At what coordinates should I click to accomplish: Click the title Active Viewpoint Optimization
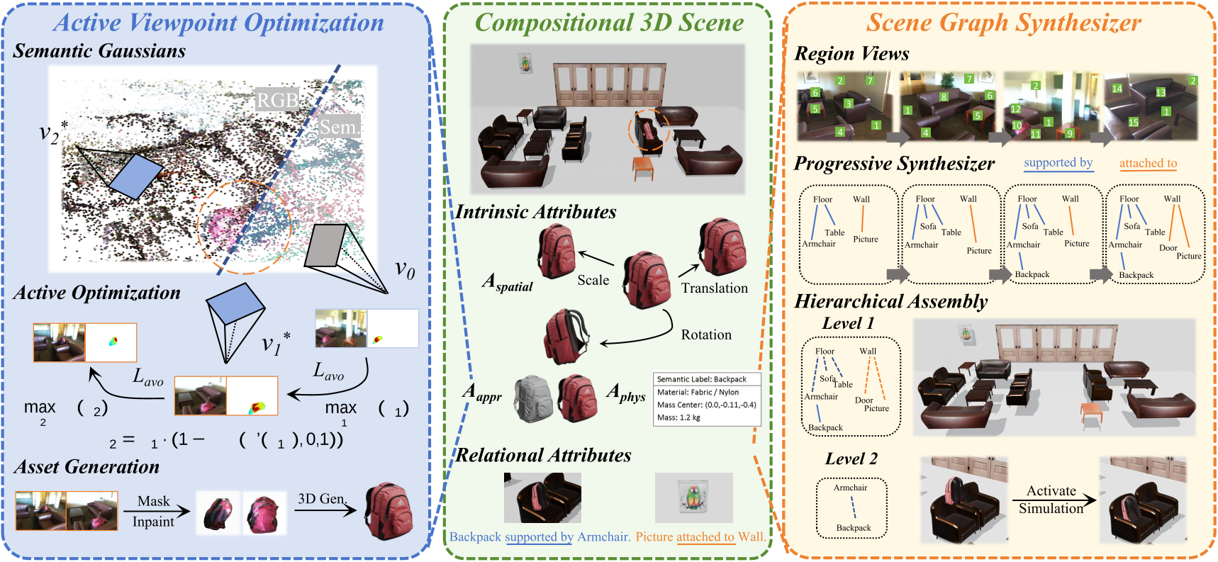[x=219, y=23]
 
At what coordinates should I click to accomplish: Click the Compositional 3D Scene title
[x=609, y=23]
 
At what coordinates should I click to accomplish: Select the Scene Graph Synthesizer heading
[x=1003, y=23]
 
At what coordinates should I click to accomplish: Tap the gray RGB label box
[x=277, y=100]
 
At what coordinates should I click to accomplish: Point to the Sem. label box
[x=339, y=127]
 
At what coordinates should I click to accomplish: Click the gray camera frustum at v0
[x=325, y=246]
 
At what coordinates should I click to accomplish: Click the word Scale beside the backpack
[x=593, y=281]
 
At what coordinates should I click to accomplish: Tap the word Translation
[x=714, y=288]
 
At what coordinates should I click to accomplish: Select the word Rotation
[x=706, y=335]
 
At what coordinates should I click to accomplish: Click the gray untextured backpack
[x=533, y=399]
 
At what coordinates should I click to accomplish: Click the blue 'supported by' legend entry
[x=1058, y=163]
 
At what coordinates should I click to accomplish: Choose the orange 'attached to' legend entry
[x=1148, y=164]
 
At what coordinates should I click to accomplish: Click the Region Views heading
[x=851, y=54]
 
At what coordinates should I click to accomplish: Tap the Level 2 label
[x=851, y=459]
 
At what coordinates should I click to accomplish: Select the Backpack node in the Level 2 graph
[x=854, y=528]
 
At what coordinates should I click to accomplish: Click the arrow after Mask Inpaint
[x=157, y=511]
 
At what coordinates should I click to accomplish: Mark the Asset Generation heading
[x=86, y=467]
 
